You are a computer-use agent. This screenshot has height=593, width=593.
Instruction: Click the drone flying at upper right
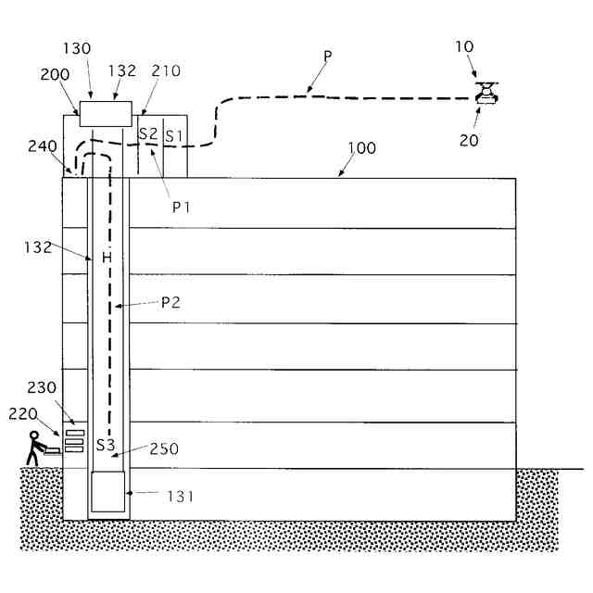(486, 92)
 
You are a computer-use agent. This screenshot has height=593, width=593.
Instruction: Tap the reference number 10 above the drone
(464, 45)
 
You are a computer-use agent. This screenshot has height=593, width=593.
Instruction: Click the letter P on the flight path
(327, 55)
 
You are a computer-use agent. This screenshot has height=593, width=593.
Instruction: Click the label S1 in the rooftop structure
(173, 135)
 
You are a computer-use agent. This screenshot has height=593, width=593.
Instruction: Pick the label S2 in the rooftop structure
(147, 133)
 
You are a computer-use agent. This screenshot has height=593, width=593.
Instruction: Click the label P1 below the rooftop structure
(182, 206)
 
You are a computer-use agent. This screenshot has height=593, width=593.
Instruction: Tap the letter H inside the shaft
(106, 258)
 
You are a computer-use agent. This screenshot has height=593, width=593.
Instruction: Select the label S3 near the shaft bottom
(107, 446)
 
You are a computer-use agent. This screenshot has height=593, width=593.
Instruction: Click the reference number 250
(163, 448)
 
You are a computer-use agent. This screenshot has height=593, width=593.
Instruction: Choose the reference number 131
(181, 497)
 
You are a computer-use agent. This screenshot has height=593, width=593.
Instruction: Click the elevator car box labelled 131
(107, 491)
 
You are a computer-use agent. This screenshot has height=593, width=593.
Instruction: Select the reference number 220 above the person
(22, 414)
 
